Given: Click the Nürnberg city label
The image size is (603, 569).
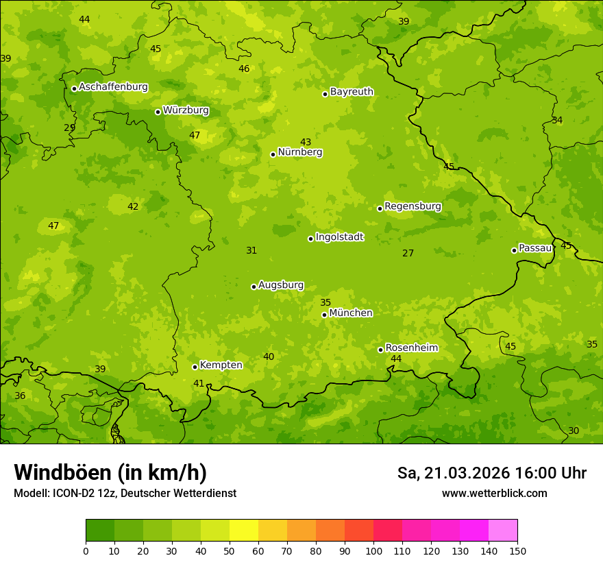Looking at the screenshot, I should [x=299, y=152].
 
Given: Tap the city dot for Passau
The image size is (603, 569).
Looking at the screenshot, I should [x=514, y=250].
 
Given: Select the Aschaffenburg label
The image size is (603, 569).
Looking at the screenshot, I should [x=113, y=87].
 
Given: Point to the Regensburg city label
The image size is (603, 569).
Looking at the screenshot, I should [x=413, y=206].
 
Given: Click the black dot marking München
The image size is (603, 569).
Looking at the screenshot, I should [x=324, y=315].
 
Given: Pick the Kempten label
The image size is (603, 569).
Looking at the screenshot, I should [x=221, y=365].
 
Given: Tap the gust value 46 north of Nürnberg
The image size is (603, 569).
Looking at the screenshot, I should [x=244, y=69].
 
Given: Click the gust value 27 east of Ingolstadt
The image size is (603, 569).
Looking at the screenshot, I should [x=408, y=254].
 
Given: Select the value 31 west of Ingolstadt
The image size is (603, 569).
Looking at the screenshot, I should [x=251, y=251].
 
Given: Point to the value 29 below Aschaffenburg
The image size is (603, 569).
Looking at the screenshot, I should [x=69, y=128].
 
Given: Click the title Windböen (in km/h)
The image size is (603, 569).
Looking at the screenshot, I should [x=110, y=472].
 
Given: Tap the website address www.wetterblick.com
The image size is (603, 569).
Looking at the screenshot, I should [x=494, y=494].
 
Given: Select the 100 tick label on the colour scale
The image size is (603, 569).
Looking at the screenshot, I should [x=373, y=550].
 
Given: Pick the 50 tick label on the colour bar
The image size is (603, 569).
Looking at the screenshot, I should [x=230, y=550].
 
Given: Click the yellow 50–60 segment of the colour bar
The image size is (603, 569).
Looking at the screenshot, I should [x=244, y=530].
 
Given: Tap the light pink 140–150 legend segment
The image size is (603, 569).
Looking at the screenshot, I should [x=503, y=530].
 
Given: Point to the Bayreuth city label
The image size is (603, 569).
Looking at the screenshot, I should [x=352, y=92].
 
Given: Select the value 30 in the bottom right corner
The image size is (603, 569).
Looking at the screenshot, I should [x=573, y=431].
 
